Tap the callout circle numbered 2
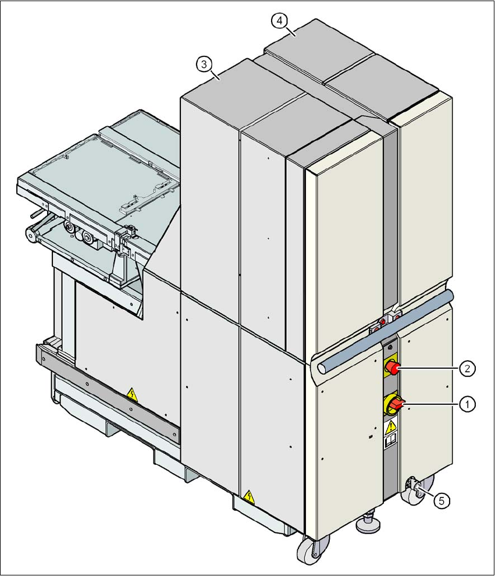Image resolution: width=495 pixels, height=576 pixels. click(466, 368)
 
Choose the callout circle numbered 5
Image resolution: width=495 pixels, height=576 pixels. click(443, 499)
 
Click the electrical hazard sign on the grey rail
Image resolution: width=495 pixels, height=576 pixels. click(133, 396)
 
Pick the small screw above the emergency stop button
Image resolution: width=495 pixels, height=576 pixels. click(389, 348)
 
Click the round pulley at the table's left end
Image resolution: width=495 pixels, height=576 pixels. click(29, 234)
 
